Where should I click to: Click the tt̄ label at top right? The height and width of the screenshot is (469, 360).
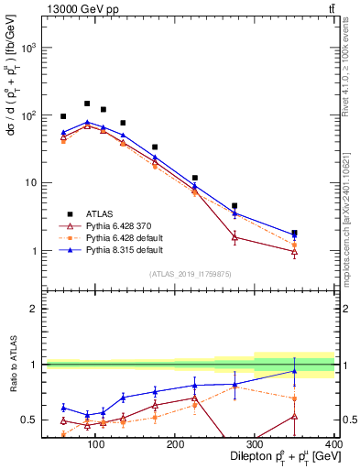[x=330, y=9]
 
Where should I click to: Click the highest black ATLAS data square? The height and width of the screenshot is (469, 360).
[x=87, y=104]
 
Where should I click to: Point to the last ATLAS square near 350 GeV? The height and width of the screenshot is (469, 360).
[x=320, y=233]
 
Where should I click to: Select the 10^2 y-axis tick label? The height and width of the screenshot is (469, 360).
[x=30, y=115]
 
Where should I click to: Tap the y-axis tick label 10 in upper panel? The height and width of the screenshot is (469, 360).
[x=33, y=183]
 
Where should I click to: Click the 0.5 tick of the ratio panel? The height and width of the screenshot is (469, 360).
[x=31, y=420]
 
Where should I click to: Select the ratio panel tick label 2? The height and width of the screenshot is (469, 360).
[x=36, y=309]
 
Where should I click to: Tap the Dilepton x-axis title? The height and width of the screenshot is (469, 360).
[x=267, y=457]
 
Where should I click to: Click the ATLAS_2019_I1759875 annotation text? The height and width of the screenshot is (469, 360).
[x=191, y=274]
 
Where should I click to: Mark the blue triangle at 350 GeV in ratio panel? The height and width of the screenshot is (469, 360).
[x=320, y=371]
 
